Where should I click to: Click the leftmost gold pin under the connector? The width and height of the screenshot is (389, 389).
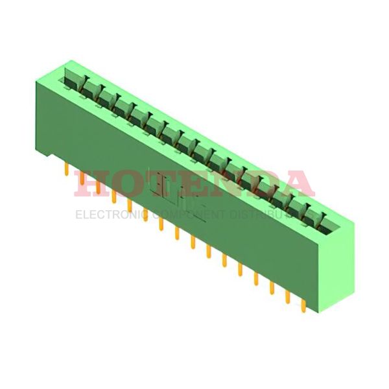click(67, 169)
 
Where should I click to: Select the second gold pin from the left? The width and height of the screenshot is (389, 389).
click(82, 178)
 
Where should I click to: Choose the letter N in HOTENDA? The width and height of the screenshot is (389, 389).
click(227, 183)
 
